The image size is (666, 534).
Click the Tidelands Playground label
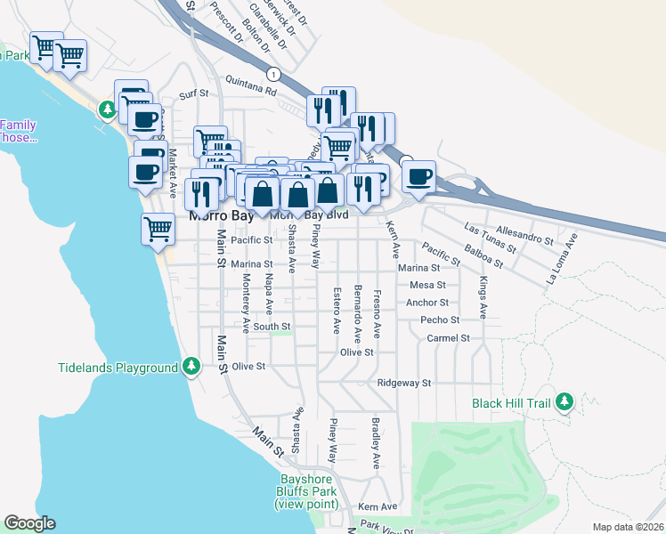118,368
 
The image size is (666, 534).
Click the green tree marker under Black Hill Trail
564,402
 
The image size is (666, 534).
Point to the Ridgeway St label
403,383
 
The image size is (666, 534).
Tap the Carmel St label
447,338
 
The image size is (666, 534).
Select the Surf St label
193,93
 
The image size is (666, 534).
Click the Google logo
29,523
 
